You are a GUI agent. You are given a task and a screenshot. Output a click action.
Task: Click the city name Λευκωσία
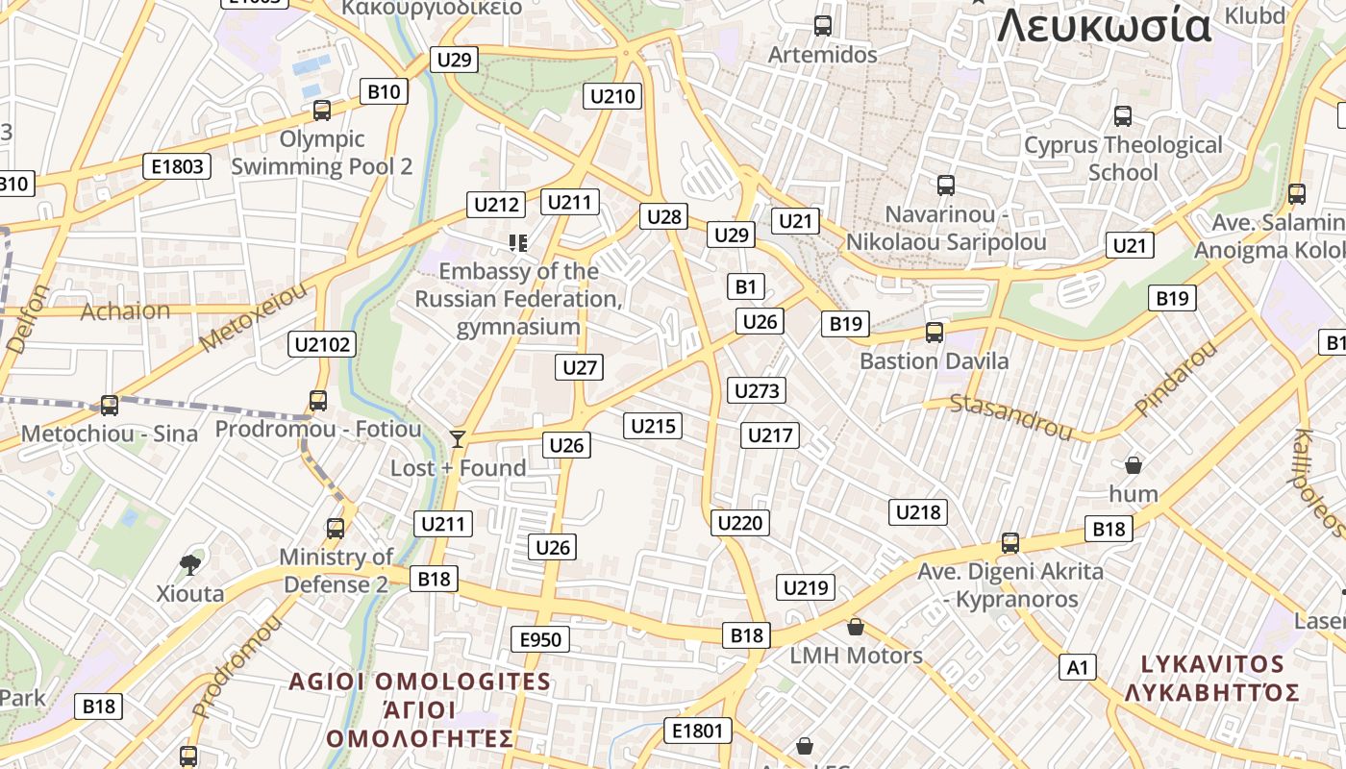1104,26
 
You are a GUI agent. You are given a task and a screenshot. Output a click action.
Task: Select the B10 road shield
384,92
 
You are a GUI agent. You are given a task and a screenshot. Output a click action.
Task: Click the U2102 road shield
323,344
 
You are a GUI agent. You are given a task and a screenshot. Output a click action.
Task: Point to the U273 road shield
758,390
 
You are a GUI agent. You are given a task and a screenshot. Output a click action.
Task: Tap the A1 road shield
1078,667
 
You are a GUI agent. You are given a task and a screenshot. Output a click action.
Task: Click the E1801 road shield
697,731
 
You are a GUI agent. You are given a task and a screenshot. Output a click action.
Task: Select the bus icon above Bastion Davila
934,333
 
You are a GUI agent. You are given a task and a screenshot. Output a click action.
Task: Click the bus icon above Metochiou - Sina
110,406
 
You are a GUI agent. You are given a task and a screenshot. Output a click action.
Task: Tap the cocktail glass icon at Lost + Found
458,439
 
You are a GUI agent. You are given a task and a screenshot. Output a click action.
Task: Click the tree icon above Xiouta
190,564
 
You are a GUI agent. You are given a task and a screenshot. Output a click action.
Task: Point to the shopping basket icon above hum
1134,466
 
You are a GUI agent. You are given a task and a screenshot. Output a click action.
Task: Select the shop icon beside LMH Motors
856,628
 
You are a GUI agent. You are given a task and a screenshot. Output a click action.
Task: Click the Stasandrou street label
1010,417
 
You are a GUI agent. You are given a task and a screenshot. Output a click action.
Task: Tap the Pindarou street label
1175,379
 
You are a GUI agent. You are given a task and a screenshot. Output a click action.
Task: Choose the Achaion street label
125,311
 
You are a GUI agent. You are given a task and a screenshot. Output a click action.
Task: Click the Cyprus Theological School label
1123,159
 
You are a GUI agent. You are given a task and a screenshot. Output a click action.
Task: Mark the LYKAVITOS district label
1212,664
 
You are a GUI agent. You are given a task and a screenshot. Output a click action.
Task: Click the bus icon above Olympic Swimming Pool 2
322,111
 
